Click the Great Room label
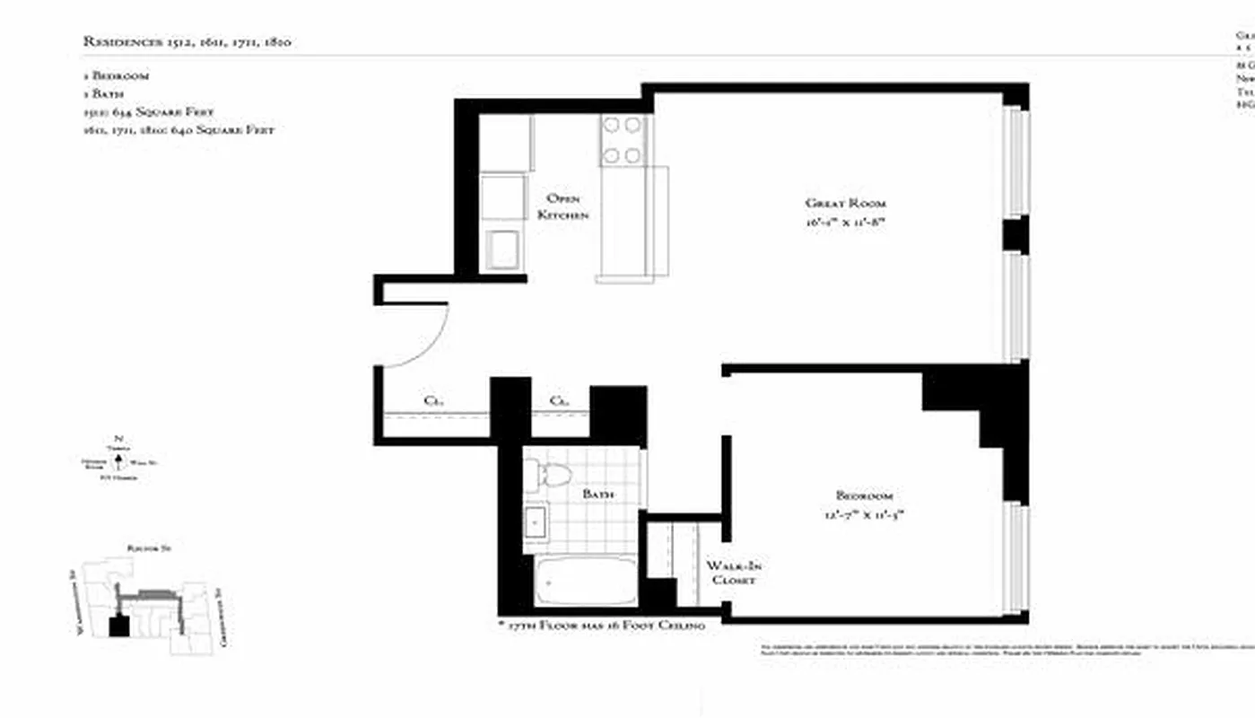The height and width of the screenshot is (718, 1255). [845, 203]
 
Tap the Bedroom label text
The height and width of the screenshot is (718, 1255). [863, 495]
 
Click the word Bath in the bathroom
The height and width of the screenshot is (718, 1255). [597, 495]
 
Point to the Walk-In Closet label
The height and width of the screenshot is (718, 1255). [734, 573]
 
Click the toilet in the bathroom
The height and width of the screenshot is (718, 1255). [549, 474]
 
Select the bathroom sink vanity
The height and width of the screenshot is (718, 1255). [537, 521]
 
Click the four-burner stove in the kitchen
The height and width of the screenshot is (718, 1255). [622, 140]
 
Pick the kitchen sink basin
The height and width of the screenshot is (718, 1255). [502, 248]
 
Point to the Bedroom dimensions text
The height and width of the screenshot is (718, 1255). [863, 513]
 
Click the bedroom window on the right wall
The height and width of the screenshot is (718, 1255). [1015, 558]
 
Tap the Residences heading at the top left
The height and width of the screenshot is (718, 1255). [187, 41]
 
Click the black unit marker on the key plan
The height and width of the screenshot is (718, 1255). [118, 626]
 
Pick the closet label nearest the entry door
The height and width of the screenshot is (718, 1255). [431, 401]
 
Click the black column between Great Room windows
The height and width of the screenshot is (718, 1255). [1015, 233]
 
